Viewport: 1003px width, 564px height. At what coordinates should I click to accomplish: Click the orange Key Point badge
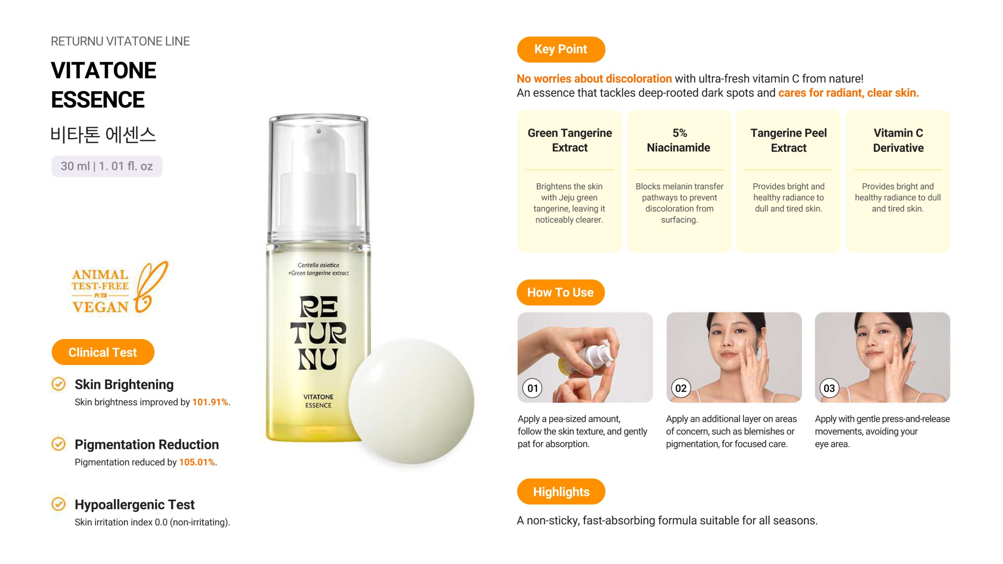tap(561, 49)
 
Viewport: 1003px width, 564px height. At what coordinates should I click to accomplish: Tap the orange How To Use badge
tap(560, 292)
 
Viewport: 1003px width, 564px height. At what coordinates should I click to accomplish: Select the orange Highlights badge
tap(561, 492)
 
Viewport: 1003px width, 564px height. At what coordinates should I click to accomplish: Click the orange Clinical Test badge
tap(103, 352)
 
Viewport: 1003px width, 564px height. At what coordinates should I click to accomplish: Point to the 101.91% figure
tap(210, 402)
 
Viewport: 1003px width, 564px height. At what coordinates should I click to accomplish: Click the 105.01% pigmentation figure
tap(197, 462)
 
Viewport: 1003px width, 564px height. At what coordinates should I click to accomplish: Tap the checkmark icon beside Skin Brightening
tap(59, 384)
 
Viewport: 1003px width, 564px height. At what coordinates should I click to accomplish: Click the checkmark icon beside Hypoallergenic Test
tap(59, 504)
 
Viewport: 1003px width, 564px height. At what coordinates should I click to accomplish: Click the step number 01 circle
tap(532, 388)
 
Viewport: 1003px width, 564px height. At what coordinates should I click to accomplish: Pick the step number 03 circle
tap(829, 388)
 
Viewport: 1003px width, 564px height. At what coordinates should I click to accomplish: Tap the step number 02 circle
tap(681, 388)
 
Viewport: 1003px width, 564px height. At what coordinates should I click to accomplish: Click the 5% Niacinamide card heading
tap(679, 140)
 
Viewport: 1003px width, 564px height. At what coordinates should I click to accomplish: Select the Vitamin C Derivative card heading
tap(898, 140)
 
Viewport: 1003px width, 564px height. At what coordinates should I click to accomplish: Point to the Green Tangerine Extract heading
tap(570, 140)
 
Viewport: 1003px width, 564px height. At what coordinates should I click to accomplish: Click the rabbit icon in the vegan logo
tap(150, 287)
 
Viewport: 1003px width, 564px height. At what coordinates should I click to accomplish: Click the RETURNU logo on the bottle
tap(318, 333)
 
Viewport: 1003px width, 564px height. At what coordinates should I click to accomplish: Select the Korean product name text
tap(103, 135)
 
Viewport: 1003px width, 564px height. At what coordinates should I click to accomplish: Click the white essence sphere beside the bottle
tap(411, 401)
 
